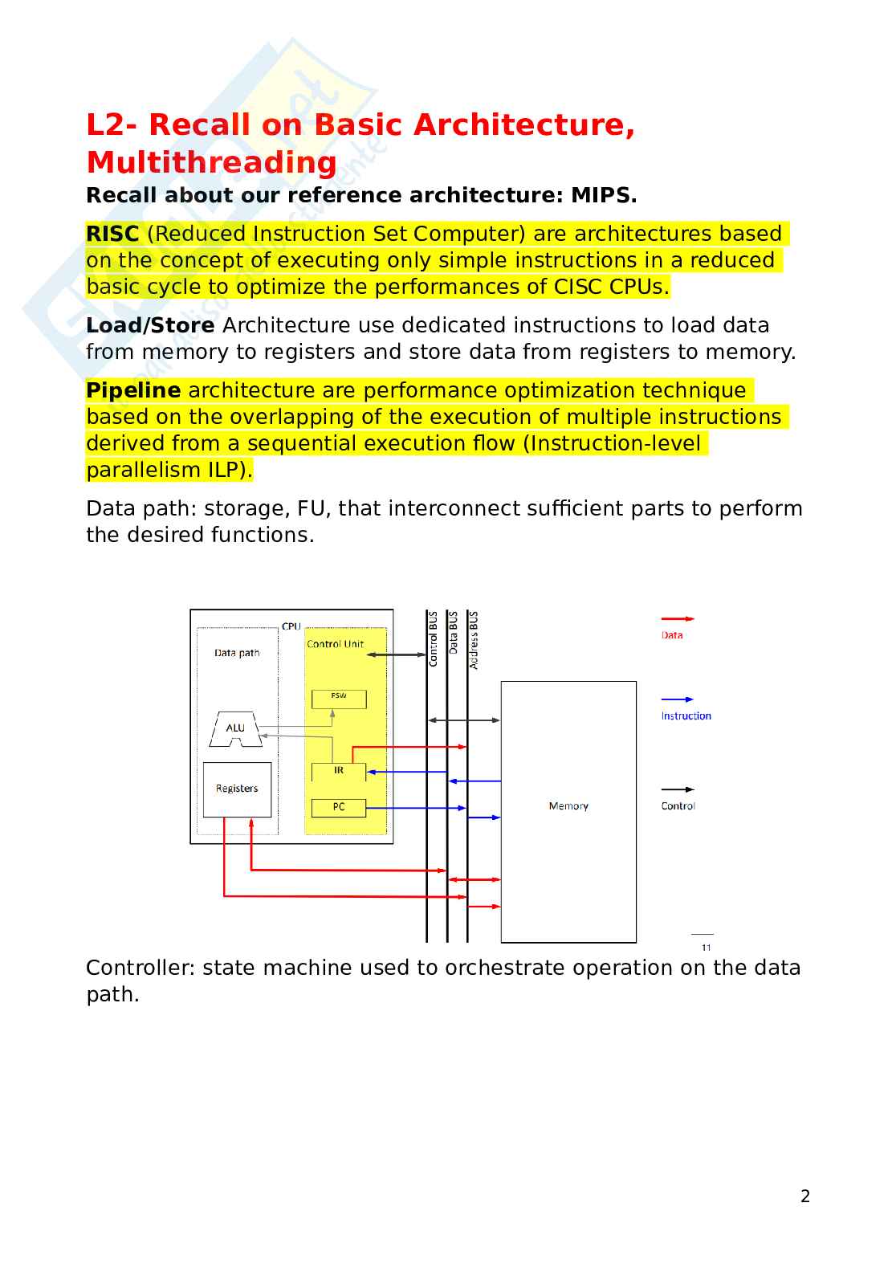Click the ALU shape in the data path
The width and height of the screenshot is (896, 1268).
(235, 728)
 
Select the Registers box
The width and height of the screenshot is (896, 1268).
(237, 789)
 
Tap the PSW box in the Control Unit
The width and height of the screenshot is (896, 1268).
(339, 699)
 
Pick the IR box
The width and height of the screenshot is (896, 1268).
(339, 771)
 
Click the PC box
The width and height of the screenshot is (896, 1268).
(339, 807)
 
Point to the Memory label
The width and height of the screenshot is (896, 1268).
(568, 806)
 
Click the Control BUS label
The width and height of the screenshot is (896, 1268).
(434, 639)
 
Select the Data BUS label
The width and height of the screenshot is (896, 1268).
(454, 633)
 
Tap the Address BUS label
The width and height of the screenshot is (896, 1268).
(474, 641)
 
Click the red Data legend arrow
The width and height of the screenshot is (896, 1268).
(678, 619)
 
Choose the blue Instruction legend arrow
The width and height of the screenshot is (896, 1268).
(678, 699)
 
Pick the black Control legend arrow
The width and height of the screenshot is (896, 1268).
(678, 789)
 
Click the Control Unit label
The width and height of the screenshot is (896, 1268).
(335, 644)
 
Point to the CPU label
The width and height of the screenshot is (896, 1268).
(291, 626)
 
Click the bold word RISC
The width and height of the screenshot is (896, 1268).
(112, 234)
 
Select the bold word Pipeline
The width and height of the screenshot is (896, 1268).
(133, 390)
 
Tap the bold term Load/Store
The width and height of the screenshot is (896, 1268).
(150, 325)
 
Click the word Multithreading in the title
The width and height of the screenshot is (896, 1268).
(212, 162)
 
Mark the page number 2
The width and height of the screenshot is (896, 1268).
(805, 1197)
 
